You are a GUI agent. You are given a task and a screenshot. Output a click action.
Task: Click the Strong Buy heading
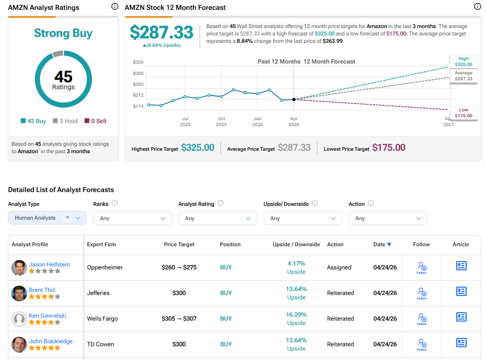[63, 33]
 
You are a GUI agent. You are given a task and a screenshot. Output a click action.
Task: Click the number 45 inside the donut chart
[63, 77]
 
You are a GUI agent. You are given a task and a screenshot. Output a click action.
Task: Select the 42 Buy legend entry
[34, 121]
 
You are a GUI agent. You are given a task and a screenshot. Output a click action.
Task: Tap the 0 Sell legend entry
[95, 121]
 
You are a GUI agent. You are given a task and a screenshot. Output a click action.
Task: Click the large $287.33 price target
[161, 33]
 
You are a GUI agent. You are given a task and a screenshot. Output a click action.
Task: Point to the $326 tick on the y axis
[138, 62]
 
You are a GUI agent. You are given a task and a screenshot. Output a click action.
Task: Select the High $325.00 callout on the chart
[463, 62]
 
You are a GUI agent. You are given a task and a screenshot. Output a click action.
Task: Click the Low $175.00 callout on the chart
[463, 113]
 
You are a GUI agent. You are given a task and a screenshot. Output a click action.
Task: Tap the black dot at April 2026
[294, 99]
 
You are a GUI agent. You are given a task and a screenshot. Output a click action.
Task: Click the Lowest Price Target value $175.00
[388, 148]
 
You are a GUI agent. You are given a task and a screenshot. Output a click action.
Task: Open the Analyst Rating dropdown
[217, 218]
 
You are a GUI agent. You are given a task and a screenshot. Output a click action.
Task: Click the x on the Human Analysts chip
[68, 218]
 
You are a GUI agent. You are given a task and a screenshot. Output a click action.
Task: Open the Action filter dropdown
[387, 218]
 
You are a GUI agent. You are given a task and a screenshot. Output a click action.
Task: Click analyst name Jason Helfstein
[49, 264]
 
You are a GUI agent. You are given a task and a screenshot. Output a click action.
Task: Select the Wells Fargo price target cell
[179, 319]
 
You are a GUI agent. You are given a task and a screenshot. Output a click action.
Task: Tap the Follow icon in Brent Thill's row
[421, 293]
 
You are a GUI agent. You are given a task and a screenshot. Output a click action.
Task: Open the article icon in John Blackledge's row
[461, 342]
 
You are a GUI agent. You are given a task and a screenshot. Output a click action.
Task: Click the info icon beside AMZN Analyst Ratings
[114, 7]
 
